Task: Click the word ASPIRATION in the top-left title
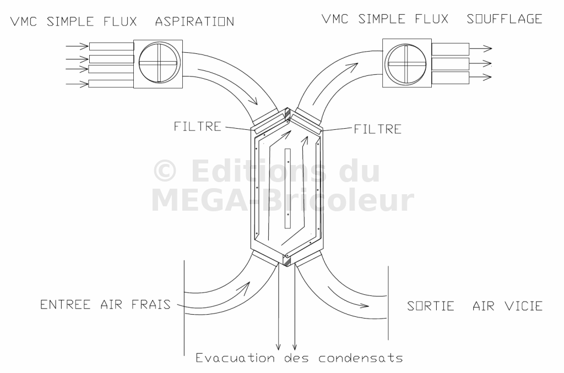194,22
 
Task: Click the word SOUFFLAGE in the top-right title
505,19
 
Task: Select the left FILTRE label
197,126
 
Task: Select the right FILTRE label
377,130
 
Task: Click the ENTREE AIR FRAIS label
105,304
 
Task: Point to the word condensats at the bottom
360,358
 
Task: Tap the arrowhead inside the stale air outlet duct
364,304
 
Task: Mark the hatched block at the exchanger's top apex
288,114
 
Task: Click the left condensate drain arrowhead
279,347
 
